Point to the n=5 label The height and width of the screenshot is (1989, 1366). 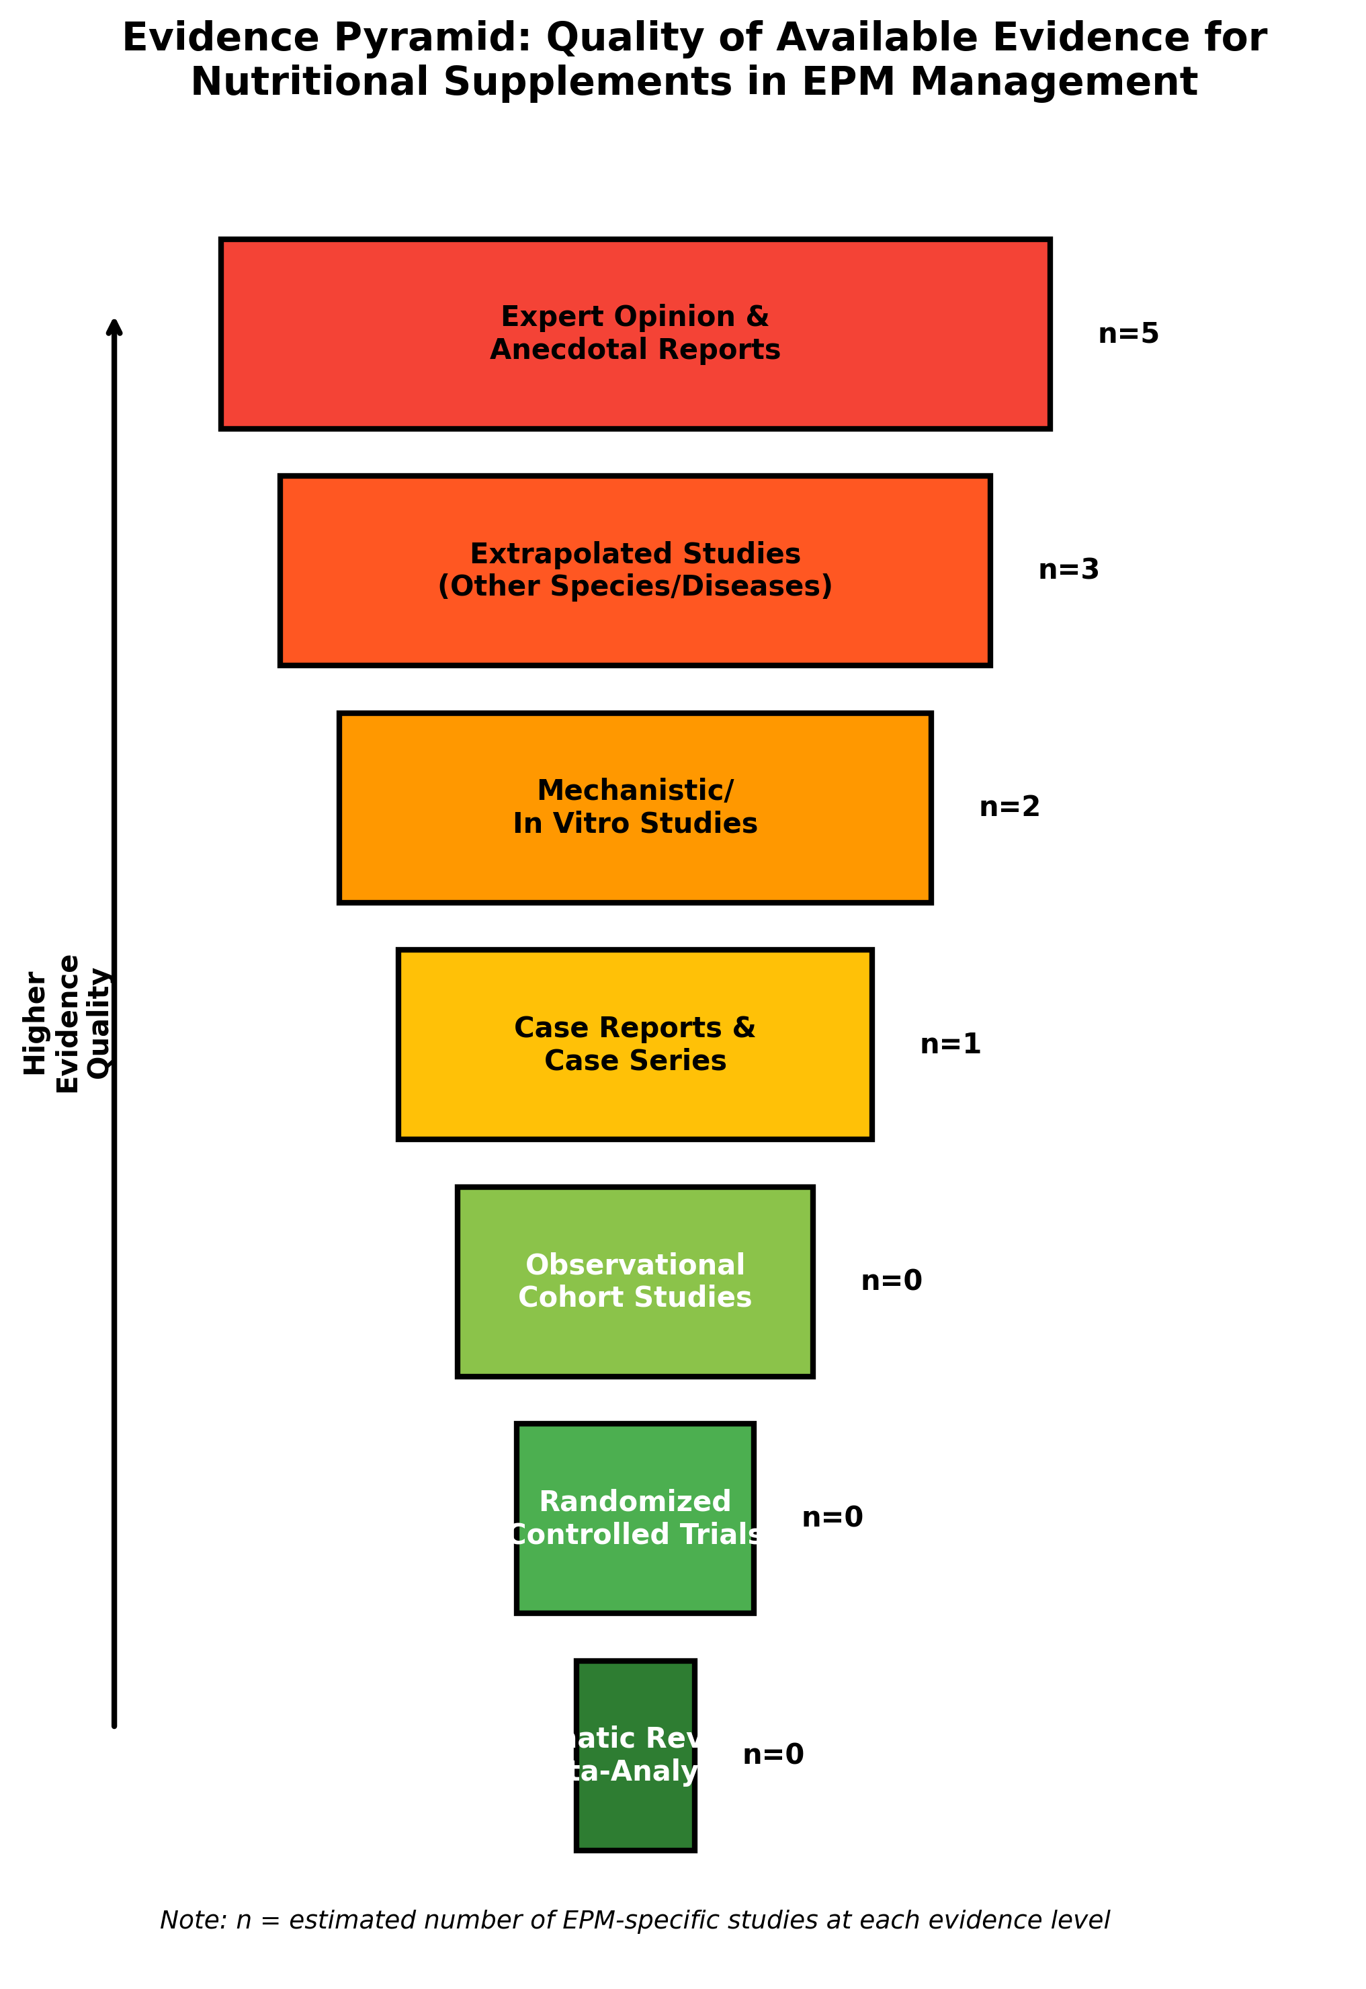(x=1128, y=334)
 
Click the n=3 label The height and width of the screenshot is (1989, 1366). (x=1068, y=570)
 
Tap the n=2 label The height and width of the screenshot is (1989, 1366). (x=1009, y=807)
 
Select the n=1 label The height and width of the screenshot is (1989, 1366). (x=950, y=1045)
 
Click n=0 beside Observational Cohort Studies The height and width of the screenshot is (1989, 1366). (x=891, y=1281)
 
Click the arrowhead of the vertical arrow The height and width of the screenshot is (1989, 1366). (x=114, y=328)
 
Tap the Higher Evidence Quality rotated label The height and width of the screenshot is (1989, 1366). (x=67, y=1024)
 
